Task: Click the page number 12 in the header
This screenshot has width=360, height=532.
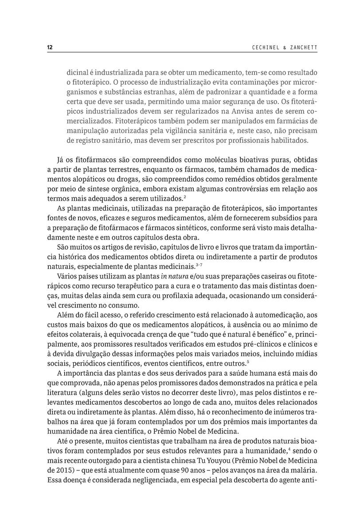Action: [x=50, y=47]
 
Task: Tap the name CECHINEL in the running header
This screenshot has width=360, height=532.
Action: [x=262, y=47]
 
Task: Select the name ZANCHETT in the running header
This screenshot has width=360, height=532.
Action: [x=300, y=47]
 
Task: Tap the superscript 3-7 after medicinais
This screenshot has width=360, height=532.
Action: [x=200, y=265]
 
